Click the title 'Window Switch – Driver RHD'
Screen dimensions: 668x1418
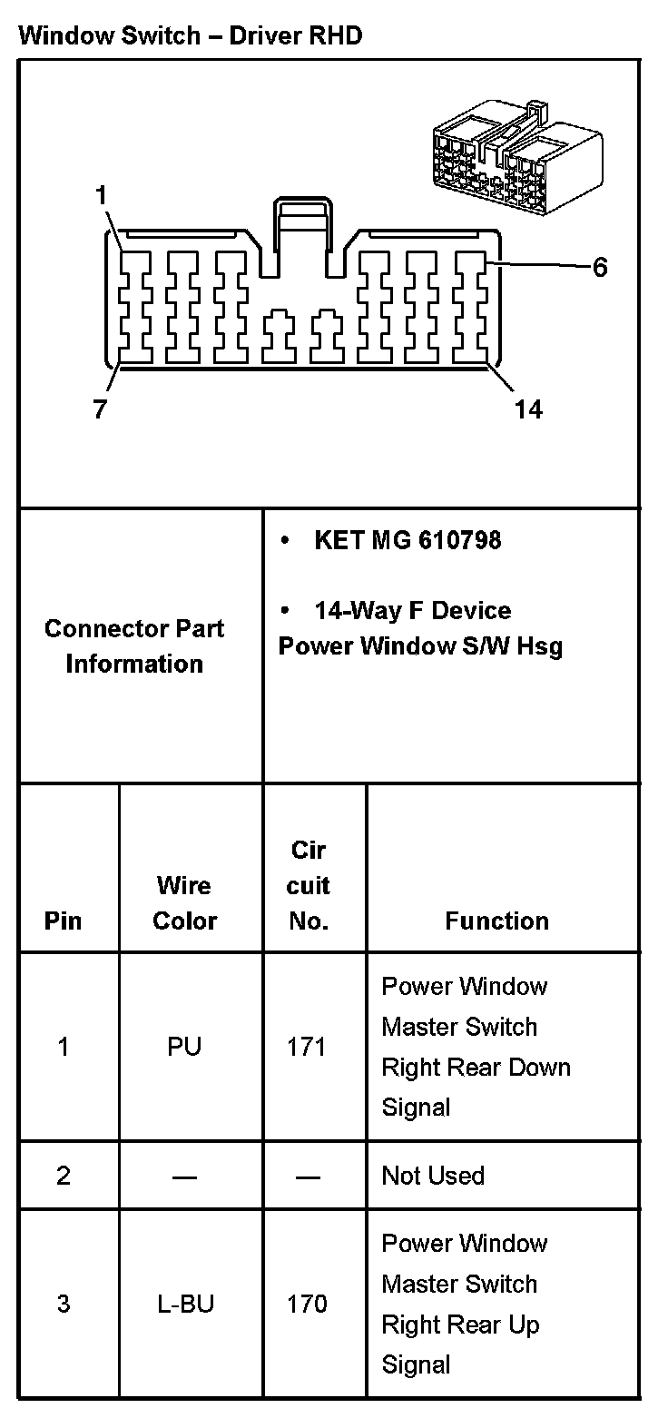(x=190, y=35)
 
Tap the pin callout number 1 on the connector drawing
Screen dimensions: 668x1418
(x=101, y=195)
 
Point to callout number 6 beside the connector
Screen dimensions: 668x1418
(x=600, y=268)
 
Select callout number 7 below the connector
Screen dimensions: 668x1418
(x=100, y=410)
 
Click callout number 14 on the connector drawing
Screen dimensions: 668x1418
(x=528, y=410)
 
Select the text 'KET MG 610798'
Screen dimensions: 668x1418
(x=408, y=541)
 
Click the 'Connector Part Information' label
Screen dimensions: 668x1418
(x=134, y=645)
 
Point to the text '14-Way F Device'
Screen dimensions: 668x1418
(x=412, y=611)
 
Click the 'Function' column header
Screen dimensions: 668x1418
(x=496, y=921)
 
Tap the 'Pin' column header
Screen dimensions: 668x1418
(x=63, y=921)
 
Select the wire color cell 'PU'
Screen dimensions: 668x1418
(x=184, y=1047)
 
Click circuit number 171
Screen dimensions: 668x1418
(x=307, y=1047)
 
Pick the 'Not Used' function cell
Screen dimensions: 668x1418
(x=433, y=1176)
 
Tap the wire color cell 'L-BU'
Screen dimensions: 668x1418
(x=184, y=1305)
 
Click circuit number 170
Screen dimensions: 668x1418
(x=307, y=1305)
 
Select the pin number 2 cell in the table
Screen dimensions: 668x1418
(x=63, y=1176)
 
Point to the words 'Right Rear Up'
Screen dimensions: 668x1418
(x=460, y=1324)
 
